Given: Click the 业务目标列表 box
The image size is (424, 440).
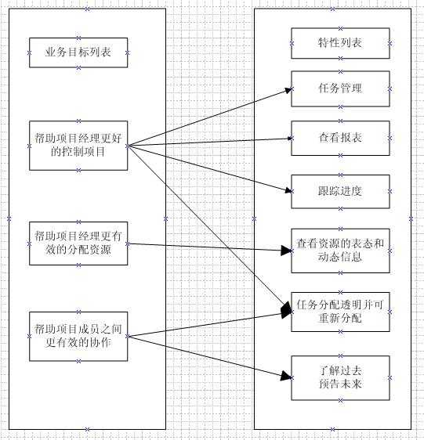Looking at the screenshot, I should pyautogui.click(x=78, y=52).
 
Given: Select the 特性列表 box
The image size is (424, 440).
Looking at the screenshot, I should pyautogui.click(x=340, y=43).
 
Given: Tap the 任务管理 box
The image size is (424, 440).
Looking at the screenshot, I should pyautogui.click(x=340, y=88).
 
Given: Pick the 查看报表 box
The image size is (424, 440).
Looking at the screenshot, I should pyautogui.click(x=340, y=138).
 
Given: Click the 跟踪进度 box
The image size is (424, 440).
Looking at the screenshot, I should pyautogui.click(x=340, y=191).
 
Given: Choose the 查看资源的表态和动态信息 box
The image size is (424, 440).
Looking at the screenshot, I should pyautogui.click(x=340, y=251).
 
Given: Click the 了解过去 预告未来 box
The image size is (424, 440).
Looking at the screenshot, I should pyautogui.click(x=340, y=377).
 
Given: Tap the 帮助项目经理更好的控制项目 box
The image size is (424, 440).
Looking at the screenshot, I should pyautogui.click(x=78, y=146).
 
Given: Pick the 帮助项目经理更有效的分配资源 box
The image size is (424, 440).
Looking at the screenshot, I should pyautogui.click(x=78, y=243).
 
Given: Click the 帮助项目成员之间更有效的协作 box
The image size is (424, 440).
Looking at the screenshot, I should pyautogui.click(x=78, y=337).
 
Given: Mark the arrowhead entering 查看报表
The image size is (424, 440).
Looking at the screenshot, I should pyautogui.click(x=288, y=139).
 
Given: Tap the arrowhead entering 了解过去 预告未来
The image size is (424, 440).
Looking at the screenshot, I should pyautogui.click(x=285, y=377).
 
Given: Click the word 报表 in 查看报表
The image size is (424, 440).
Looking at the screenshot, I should pyautogui.click(x=351, y=138).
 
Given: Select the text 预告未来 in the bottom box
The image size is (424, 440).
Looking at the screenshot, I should pyautogui.click(x=340, y=384).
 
